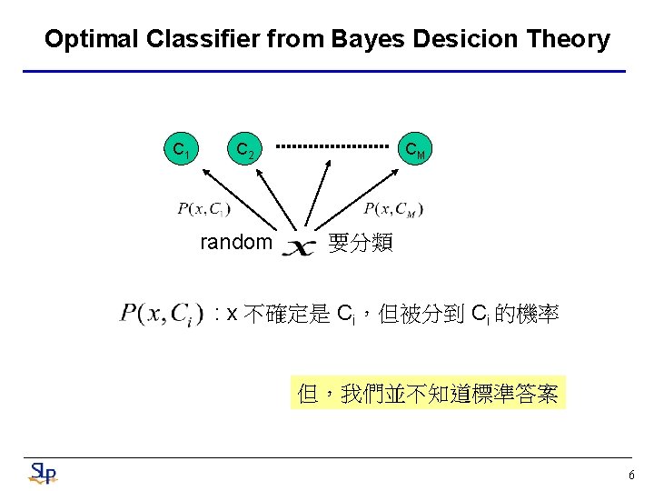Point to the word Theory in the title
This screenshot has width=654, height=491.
point(570,39)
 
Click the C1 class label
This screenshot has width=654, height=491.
point(182,148)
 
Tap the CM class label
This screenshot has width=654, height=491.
point(415,148)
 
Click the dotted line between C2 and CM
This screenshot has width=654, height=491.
point(332,145)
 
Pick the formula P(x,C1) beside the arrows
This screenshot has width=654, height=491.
point(203,209)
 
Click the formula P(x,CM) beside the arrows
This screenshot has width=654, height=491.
point(393,209)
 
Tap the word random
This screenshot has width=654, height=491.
point(236,242)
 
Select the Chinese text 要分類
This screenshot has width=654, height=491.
point(361,243)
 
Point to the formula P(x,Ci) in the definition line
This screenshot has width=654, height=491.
point(160,315)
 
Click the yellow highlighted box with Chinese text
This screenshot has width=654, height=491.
point(428,393)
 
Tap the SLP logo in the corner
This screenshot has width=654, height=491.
point(42,473)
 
